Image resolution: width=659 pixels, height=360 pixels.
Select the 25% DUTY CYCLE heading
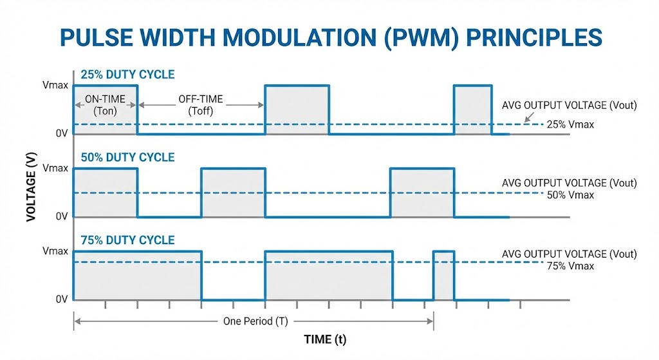pyautogui.click(x=127, y=75)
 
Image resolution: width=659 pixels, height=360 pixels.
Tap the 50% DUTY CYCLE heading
pyautogui.click(x=127, y=158)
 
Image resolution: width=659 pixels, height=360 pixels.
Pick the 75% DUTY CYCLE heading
pyautogui.click(x=127, y=240)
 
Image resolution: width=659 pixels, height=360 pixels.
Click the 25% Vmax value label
pyautogui.click(x=569, y=124)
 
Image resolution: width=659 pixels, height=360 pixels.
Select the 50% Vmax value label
pyautogui.click(x=569, y=195)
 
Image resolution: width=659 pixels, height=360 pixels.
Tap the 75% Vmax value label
pyautogui.click(x=569, y=265)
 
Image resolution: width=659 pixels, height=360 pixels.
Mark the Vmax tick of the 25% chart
pyautogui.click(x=55, y=85)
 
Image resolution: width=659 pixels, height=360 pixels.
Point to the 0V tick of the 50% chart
pyautogui.click(x=61, y=217)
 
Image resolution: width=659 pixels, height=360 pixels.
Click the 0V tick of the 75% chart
pyautogui.click(x=61, y=299)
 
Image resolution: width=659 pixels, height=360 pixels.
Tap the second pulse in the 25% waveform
pyautogui.click(x=297, y=109)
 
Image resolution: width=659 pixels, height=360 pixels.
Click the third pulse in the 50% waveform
pyautogui.click(x=422, y=193)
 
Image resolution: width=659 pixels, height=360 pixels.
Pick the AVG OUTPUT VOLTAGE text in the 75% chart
pyautogui.click(x=569, y=254)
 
